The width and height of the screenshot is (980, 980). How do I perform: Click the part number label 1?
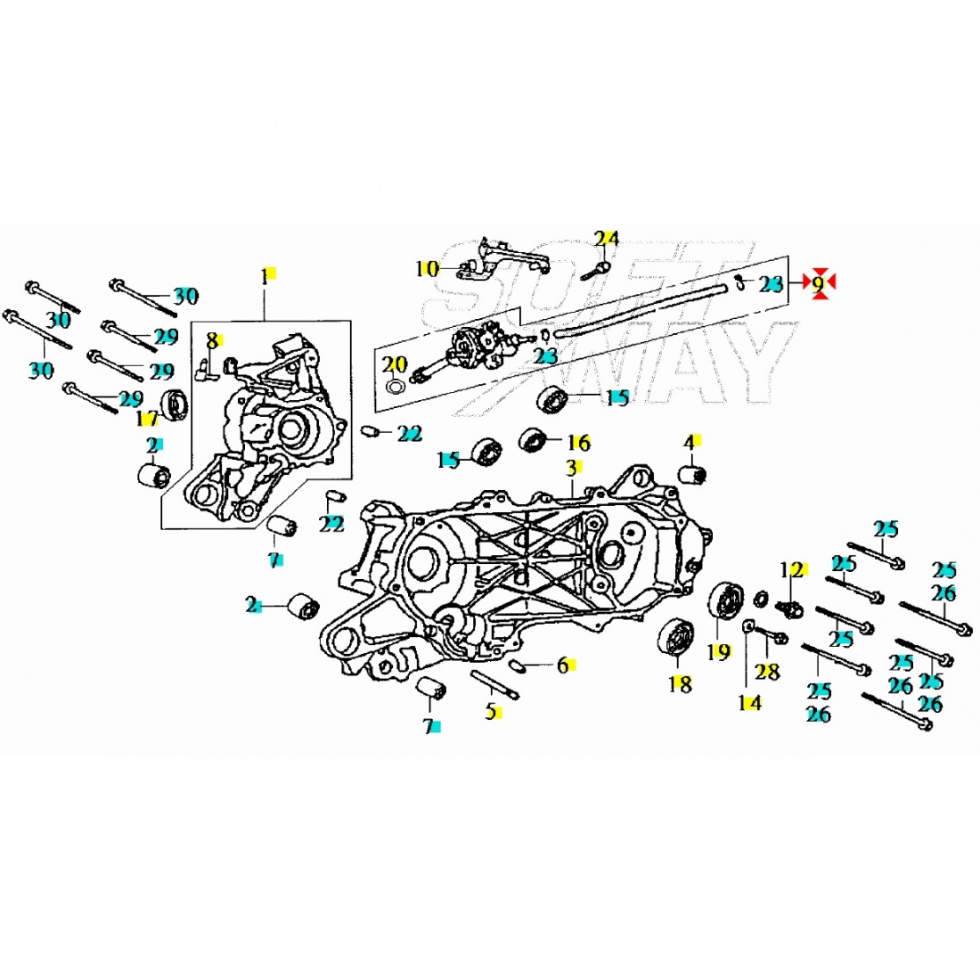(264, 276)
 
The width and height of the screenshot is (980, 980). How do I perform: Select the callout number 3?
(571, 468)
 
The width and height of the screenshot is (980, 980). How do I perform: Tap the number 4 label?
(689, 443)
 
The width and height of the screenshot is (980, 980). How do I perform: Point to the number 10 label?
(428, 267)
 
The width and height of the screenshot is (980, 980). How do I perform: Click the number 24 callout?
(607, 238)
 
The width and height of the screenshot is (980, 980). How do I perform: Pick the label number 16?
(578, 442)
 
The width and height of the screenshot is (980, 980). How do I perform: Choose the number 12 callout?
(791, 569)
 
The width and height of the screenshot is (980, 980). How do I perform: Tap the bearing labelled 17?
(174, 405)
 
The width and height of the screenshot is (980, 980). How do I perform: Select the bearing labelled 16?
(534, 439)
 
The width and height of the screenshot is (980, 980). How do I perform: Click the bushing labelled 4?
(693, 475)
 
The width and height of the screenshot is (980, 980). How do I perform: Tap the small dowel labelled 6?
(518, 665)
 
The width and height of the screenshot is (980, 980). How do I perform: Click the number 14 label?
(749, 703)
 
